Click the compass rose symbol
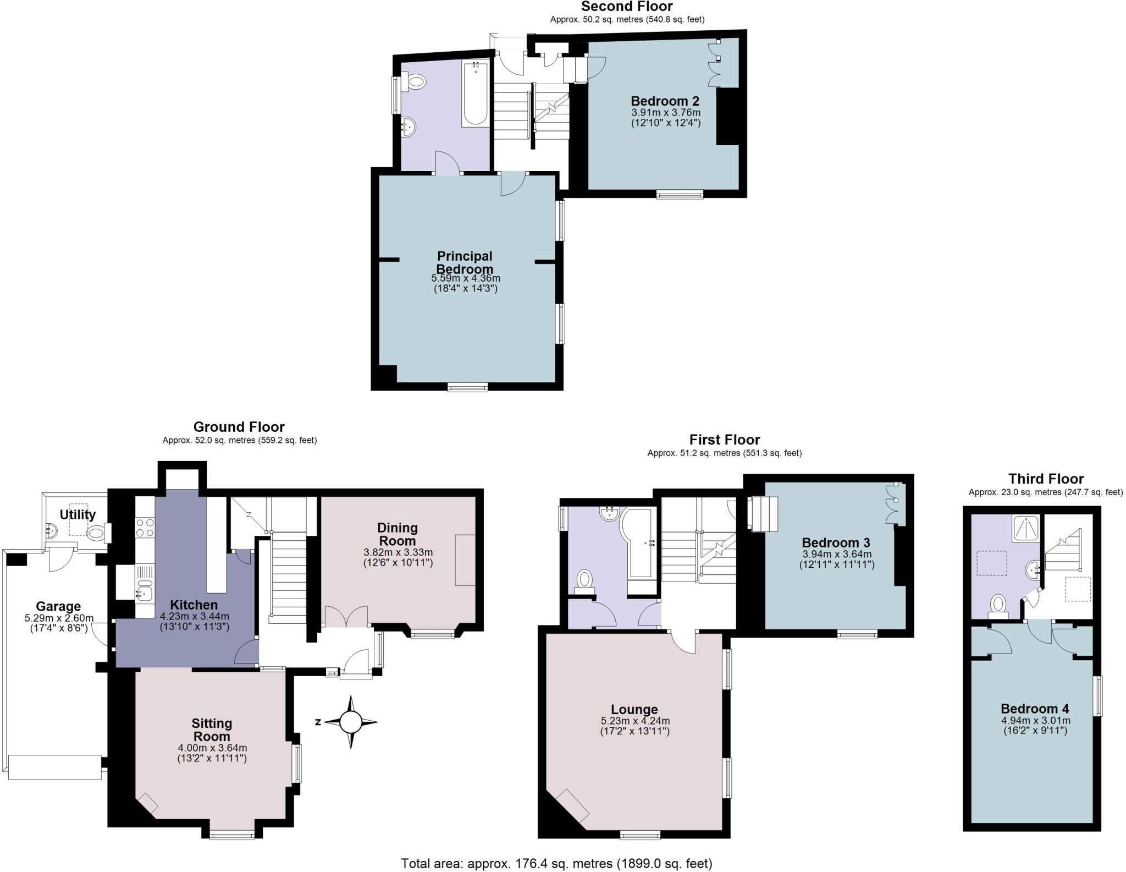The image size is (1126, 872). pos(351,722)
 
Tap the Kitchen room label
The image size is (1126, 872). pos(194,605)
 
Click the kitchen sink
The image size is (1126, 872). pos(145,593)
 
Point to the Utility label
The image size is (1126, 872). pos(78,514)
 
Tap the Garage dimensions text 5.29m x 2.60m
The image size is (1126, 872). pos(59,618)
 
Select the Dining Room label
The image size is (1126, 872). pos(398,534)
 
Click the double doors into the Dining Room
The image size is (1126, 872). pos(346,616)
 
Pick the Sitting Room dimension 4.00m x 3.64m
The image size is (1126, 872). pos(212,748)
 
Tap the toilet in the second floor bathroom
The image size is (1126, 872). pos(416,83)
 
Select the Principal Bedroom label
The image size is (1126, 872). pos(465,262)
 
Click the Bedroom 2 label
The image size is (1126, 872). pos(665,101)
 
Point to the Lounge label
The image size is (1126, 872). pos(634,709)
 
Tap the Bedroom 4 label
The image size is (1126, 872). pos(1034,709)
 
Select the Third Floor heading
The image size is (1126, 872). pos(1046,479)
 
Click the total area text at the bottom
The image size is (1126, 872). pos(556,863)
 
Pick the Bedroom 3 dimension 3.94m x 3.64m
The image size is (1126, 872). pos(836,554)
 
